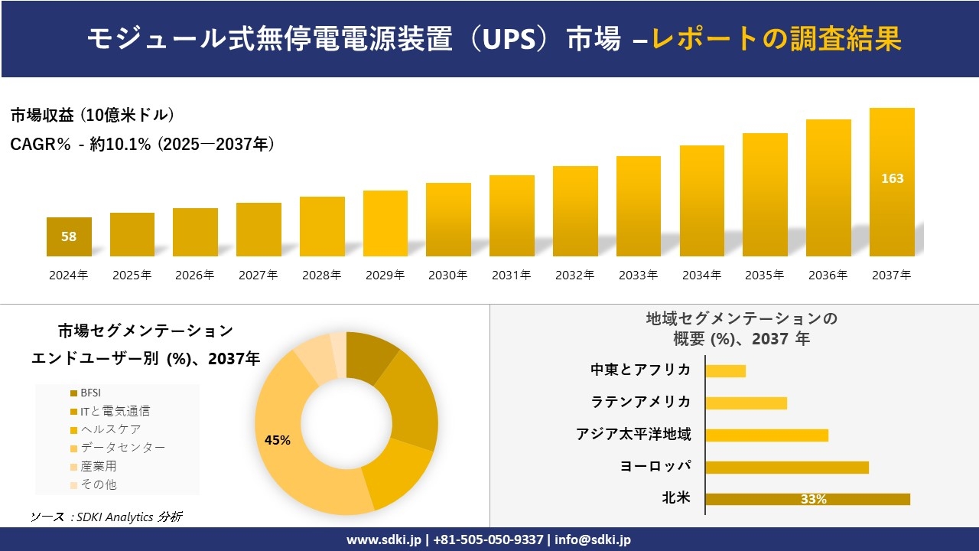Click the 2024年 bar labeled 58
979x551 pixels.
69,236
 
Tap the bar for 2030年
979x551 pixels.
448,220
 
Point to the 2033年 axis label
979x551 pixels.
638,275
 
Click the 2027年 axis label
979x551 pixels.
258,275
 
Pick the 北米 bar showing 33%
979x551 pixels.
807,499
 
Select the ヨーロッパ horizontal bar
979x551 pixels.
786,467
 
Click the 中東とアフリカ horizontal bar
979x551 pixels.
725,370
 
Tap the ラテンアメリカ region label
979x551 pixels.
641,402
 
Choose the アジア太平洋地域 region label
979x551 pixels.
633,435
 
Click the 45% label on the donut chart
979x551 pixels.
277,440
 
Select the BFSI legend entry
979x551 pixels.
90,393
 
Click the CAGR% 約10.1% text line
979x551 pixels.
142,144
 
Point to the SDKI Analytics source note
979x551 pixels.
106,517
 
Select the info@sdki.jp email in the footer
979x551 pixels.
594,540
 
